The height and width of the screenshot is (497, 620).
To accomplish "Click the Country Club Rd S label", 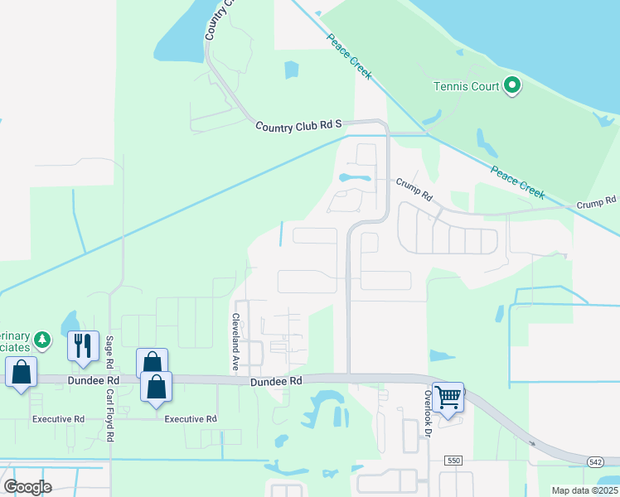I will point(298,125).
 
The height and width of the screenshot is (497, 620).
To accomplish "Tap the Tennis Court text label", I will point(467,85).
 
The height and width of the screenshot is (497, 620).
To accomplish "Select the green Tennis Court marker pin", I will point(512,84).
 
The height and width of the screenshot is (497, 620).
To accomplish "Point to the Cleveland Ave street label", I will point(235,341).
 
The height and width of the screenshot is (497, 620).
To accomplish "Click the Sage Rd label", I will point(109,352).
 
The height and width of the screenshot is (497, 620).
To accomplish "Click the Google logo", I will point(27,486).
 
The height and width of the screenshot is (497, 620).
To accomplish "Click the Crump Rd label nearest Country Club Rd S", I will point(414,190).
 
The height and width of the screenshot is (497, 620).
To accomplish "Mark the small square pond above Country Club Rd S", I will point(290,70).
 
